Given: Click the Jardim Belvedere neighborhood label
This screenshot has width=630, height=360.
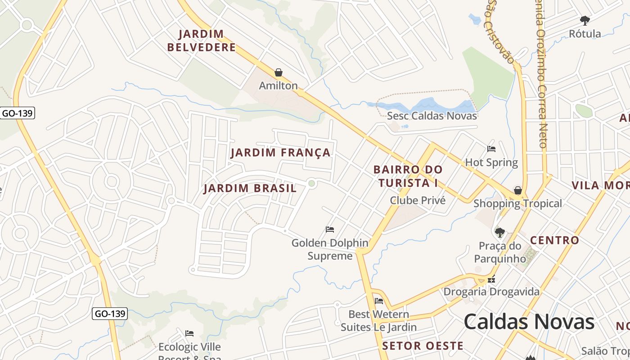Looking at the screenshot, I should [x=201, y=40].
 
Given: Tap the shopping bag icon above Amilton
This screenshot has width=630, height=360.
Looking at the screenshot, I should [x=279, y=72].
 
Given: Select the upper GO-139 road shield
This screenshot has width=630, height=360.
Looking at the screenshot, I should [x=17, y=113].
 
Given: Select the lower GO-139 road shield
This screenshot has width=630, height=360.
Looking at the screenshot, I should [x=110, y=314].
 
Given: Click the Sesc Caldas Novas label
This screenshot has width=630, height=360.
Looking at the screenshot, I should [x=432, y=116].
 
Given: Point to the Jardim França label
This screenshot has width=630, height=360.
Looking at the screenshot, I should [x=281, y=153].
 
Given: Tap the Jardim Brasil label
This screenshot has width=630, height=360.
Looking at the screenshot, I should [x=250, y=188].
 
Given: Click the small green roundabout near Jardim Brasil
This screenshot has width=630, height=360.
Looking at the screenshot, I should [x=311, y=183].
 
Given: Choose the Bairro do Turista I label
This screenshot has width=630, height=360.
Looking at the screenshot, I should [x=408, y=176].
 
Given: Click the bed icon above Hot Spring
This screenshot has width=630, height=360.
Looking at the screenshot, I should [x=491, y=148].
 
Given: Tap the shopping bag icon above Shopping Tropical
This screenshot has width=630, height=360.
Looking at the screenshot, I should [x=518, y=190].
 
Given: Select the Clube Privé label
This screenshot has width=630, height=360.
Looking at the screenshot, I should [x=418, y=200].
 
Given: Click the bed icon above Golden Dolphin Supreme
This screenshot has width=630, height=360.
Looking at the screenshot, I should [x=330, y=229].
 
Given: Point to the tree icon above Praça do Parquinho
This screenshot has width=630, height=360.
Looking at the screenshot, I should [x=499, y=232].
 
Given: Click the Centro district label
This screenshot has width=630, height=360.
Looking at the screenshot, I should [x=554, y=240].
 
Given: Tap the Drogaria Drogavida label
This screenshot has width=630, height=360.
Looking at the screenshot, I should [x=491, y=292].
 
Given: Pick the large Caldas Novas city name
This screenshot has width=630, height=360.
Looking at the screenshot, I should [x=529, y=322].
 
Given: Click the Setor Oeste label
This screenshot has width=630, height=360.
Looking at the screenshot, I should [x=423, y=346].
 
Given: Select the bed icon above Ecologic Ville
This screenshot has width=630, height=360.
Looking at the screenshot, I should [x=189, y=333].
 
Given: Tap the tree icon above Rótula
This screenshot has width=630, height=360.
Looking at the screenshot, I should [x=585, y=20].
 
